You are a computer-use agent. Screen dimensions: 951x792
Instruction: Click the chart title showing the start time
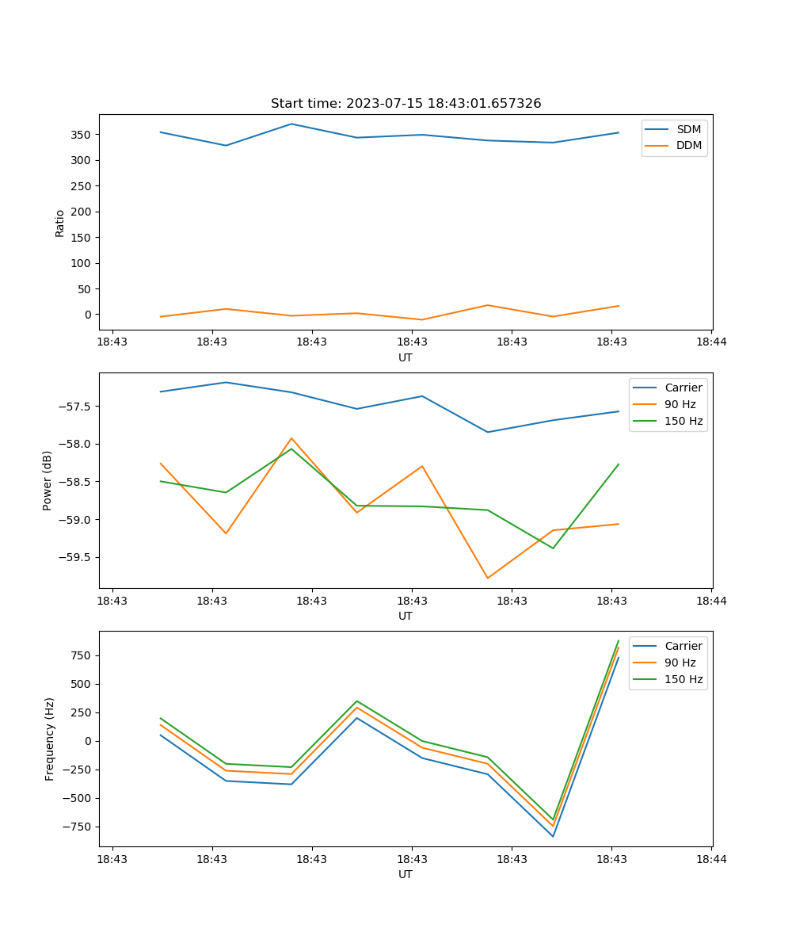point(406,104)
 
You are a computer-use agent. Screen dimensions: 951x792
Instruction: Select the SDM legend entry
point(688,129)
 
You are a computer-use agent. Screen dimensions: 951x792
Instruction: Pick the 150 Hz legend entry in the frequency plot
point(683,679)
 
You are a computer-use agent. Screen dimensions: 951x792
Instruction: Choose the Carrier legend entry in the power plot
point(683,388)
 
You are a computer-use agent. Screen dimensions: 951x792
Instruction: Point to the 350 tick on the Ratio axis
point(82,135)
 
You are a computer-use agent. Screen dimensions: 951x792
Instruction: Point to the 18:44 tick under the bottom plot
point(711,858)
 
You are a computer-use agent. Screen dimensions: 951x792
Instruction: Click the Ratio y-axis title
point(60,223)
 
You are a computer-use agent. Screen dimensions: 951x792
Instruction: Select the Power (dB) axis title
point(48,480)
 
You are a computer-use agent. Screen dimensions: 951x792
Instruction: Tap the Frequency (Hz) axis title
point(50,739)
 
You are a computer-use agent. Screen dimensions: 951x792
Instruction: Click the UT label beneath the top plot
point(406,357)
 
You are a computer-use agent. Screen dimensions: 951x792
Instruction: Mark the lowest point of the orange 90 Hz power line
point(488,578)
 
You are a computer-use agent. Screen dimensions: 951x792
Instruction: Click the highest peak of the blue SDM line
point(291,124)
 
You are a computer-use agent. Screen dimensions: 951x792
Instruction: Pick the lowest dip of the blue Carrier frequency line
point(553,836)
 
